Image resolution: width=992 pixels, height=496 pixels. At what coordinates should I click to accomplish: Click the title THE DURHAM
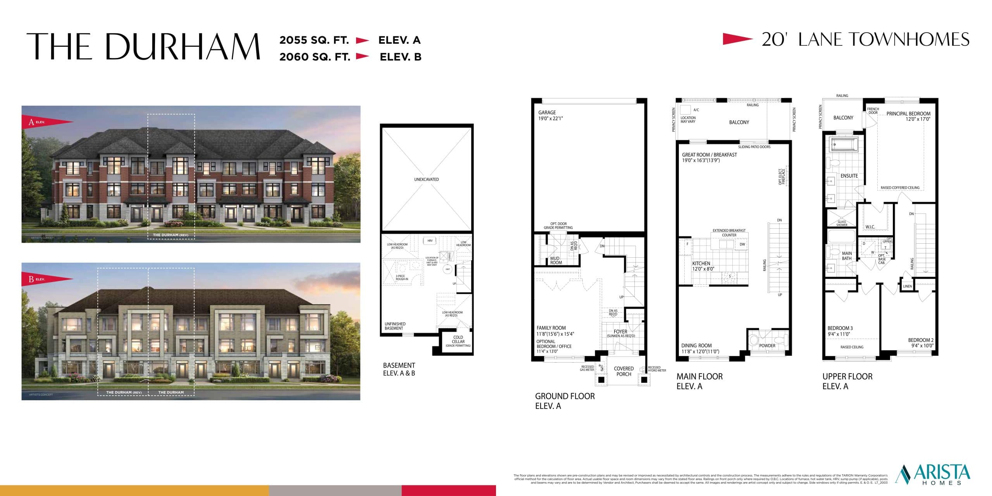point(143,46)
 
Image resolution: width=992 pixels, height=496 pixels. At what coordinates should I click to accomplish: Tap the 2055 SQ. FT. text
point(314,40)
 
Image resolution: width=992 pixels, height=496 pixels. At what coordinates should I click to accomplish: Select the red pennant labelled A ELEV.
point(47,122)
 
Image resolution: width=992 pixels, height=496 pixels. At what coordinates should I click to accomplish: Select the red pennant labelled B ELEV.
point(47,279)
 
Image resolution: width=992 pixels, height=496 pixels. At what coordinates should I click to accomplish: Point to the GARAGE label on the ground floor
point(547,112)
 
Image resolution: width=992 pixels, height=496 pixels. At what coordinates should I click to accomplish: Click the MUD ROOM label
point(556,260)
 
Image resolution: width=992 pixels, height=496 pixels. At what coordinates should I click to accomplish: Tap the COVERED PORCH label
point(624,371)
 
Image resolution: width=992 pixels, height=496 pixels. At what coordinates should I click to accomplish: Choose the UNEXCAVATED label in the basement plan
point(426,179)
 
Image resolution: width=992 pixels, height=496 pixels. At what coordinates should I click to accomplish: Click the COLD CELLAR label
point(458,339)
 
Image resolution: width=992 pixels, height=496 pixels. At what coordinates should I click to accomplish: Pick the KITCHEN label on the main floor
point(701,263)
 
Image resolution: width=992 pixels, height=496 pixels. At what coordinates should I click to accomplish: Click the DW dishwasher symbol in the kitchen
point(742,245)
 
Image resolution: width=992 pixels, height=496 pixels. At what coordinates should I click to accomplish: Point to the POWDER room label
point(767,346)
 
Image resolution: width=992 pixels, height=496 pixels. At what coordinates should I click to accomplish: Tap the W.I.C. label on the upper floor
point(870,227)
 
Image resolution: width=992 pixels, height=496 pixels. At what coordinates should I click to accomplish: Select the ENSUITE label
point(849,176)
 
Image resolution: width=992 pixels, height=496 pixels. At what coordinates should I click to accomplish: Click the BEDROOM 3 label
point(840,328)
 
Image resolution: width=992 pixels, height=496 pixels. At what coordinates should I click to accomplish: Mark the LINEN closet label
point(908,286)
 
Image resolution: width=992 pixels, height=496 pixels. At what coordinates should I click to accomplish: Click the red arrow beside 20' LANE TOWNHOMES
point(737,39)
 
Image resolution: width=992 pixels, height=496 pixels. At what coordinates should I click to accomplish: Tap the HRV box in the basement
point(430,241)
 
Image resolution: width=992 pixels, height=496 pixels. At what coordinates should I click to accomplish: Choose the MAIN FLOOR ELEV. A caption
point(699,381)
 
